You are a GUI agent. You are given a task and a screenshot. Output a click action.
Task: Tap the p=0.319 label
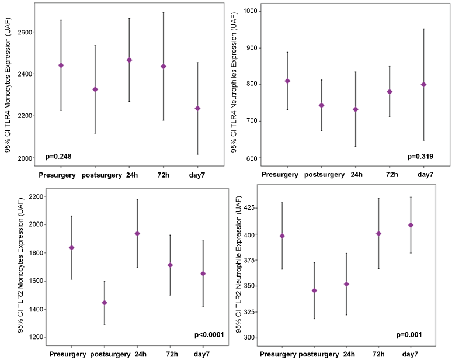[x=420, y=156]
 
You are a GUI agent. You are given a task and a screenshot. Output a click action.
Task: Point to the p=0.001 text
[x=408, y=335]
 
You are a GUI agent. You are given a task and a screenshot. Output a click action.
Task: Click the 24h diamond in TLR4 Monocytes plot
[x=129, y=60]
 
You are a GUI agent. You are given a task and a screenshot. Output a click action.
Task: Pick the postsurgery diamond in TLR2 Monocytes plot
[x=105, y=303]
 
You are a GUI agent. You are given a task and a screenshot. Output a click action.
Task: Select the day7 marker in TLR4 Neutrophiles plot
[x=424, y=85]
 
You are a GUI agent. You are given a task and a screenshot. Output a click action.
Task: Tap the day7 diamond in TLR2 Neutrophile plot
[x=411, y=225]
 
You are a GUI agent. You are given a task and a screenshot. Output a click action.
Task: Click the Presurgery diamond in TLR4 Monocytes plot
[x=61, y=65]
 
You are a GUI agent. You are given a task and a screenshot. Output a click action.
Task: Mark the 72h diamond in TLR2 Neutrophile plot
[x=378, y=234]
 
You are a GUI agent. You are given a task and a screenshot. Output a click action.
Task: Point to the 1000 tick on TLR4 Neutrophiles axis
[x=252, y=11]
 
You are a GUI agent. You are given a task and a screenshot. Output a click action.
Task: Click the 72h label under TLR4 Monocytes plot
[x=164, y=175]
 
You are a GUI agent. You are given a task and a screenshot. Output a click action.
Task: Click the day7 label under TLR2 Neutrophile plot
[x=411, y=355]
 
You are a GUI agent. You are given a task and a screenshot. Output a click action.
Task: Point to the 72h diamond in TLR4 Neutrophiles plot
[x=390, y=92]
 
